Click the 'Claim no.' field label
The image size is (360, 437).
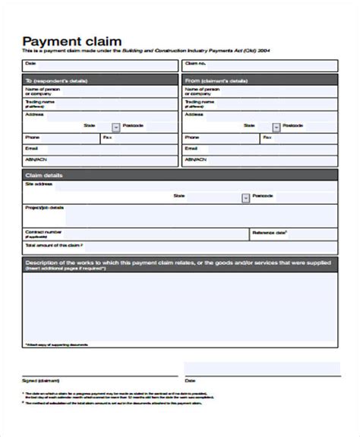(195, 64)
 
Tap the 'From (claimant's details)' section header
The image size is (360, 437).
(216, 79)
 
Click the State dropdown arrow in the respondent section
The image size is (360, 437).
(115, 127)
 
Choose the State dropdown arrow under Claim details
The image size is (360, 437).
(245, 197)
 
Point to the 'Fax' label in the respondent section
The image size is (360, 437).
(107, 137)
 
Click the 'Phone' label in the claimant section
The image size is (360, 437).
(191, 137)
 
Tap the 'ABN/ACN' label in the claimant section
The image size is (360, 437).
(194, 159)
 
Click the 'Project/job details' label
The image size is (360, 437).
(45, 207)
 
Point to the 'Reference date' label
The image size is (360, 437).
(269, 234)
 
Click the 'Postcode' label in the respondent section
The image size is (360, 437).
(141, 126)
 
